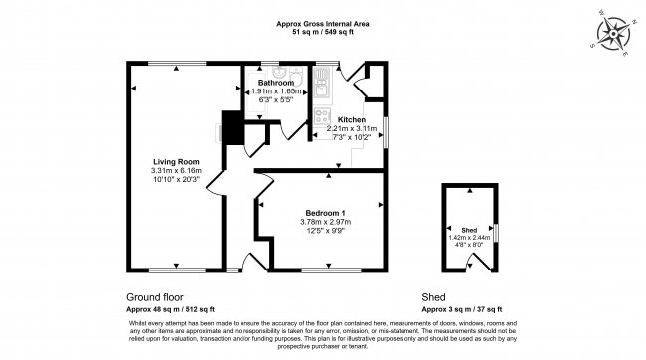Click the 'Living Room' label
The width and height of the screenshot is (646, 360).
175,161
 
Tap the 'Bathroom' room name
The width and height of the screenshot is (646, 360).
274,82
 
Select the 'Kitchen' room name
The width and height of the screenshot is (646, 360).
352,118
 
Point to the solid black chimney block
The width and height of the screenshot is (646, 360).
231,128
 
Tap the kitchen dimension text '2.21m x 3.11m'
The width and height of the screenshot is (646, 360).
352,128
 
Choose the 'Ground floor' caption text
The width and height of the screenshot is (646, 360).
155,297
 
